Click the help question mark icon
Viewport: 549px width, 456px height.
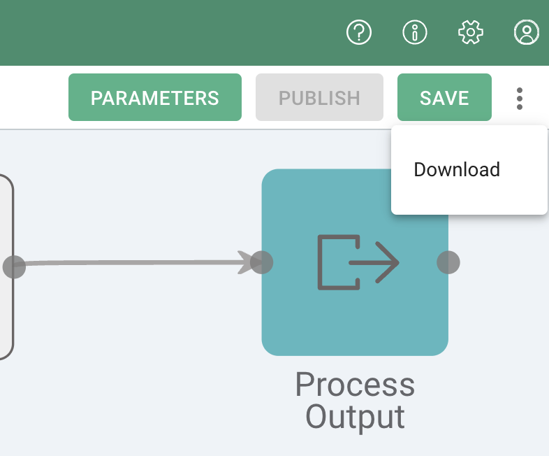pos(359,31)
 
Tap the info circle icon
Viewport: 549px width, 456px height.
pos(415,31)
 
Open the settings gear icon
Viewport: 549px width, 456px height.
pos(471,31)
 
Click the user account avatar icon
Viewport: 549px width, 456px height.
pos(526,31)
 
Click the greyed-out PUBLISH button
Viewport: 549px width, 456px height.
pos(319,98)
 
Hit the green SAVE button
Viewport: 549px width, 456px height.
pos(444,98)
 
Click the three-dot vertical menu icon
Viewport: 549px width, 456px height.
pos(520,99)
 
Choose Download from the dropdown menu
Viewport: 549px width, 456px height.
pos(457,170)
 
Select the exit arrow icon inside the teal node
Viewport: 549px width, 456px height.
pos(358,263)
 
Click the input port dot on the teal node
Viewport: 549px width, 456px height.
pos(262,263)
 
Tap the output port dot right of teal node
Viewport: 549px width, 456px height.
pos(448,263)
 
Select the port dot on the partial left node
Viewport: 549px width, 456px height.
pos(14,266)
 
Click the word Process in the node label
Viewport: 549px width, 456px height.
pos(355,385)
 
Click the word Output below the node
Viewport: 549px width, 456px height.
pos(355,417)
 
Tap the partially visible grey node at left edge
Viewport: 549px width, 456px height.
pos(6,315)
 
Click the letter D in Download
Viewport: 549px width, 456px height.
pos(420,170)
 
